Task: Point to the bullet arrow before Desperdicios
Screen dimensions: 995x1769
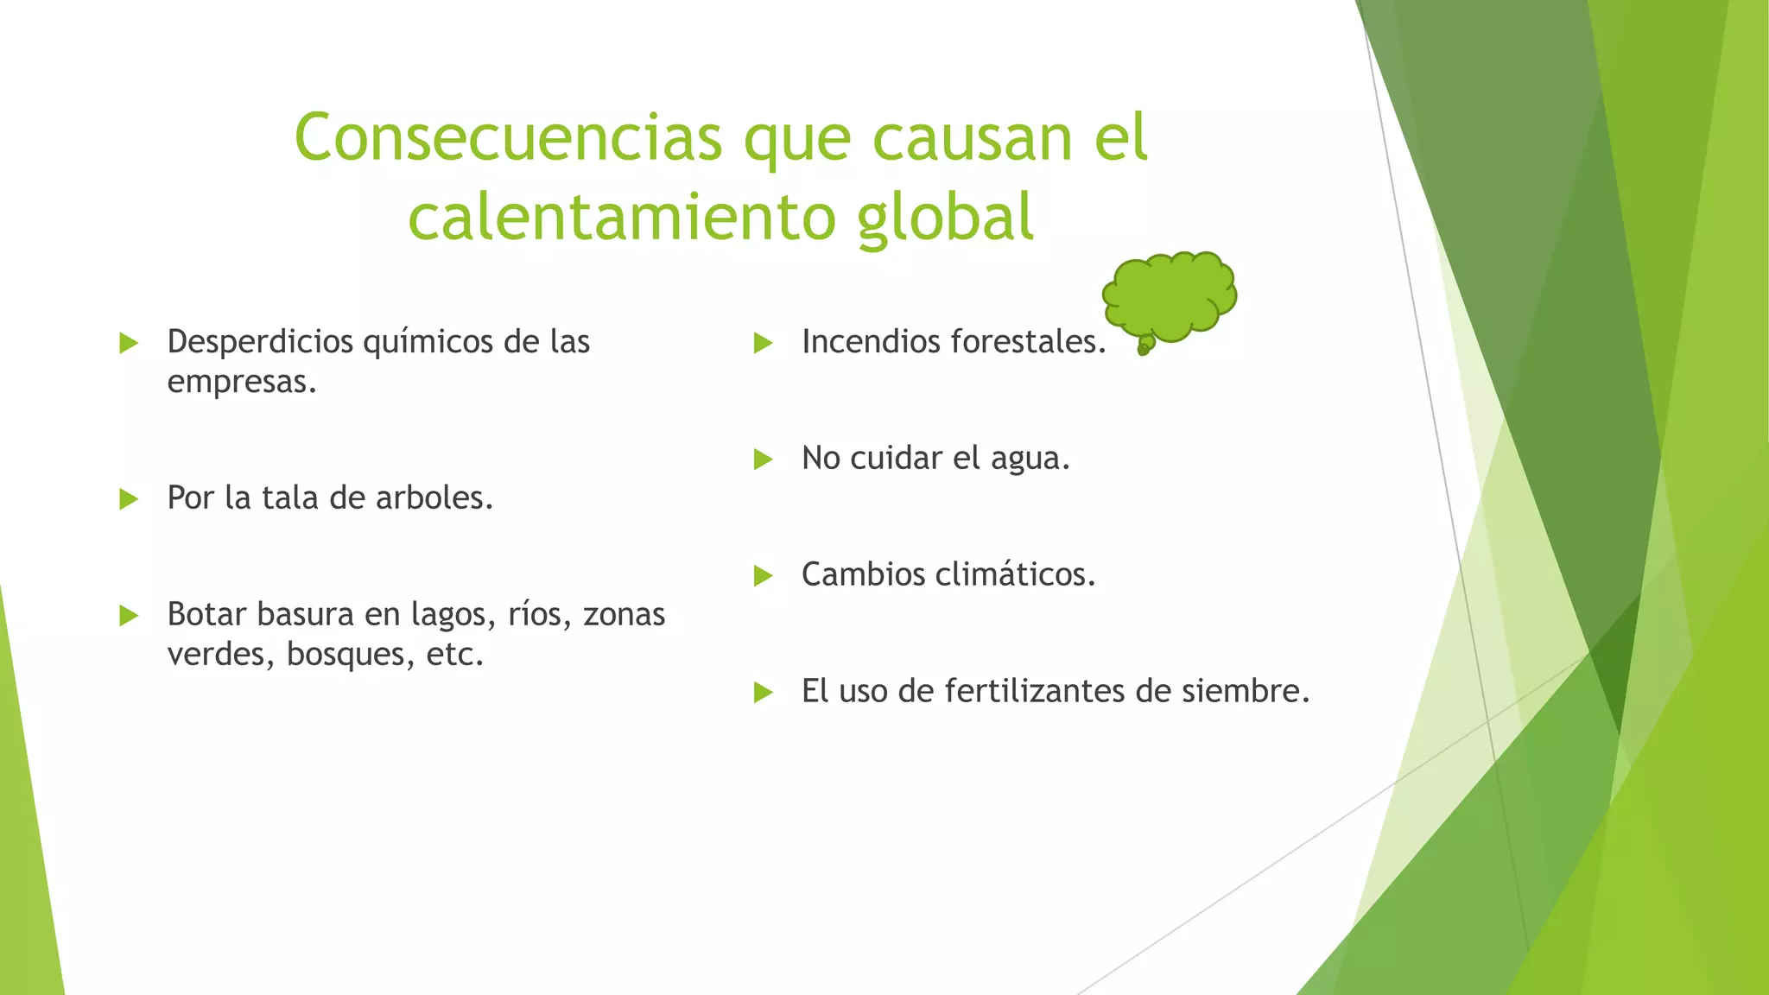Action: coord(130,343)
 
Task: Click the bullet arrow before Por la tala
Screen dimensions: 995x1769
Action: coord(130,498)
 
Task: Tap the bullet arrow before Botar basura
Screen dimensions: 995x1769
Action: coord(130,615)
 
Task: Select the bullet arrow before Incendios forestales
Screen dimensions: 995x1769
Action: coord(763,343)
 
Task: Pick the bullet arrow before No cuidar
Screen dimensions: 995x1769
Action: coord(763,459)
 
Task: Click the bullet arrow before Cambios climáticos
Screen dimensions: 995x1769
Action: coord(763,575)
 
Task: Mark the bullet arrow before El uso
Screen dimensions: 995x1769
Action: coord(763,692)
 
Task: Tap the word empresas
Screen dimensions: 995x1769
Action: coord(241,382)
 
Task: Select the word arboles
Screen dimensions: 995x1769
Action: coord(434,498)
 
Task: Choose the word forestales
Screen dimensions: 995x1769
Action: coord(1028,342)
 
